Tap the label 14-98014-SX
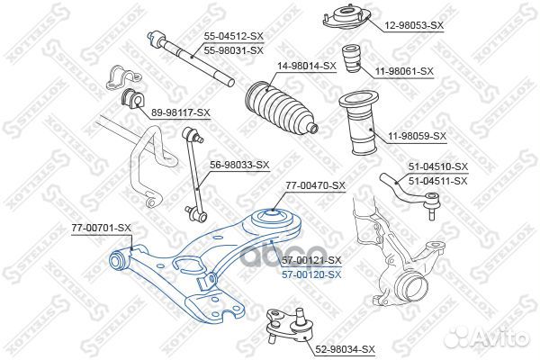[307, 66]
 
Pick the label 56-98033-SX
[239, 165]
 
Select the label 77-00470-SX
[315, 185]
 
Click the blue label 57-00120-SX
[311, 274]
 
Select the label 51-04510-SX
[438, 166]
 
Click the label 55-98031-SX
[234, 50]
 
